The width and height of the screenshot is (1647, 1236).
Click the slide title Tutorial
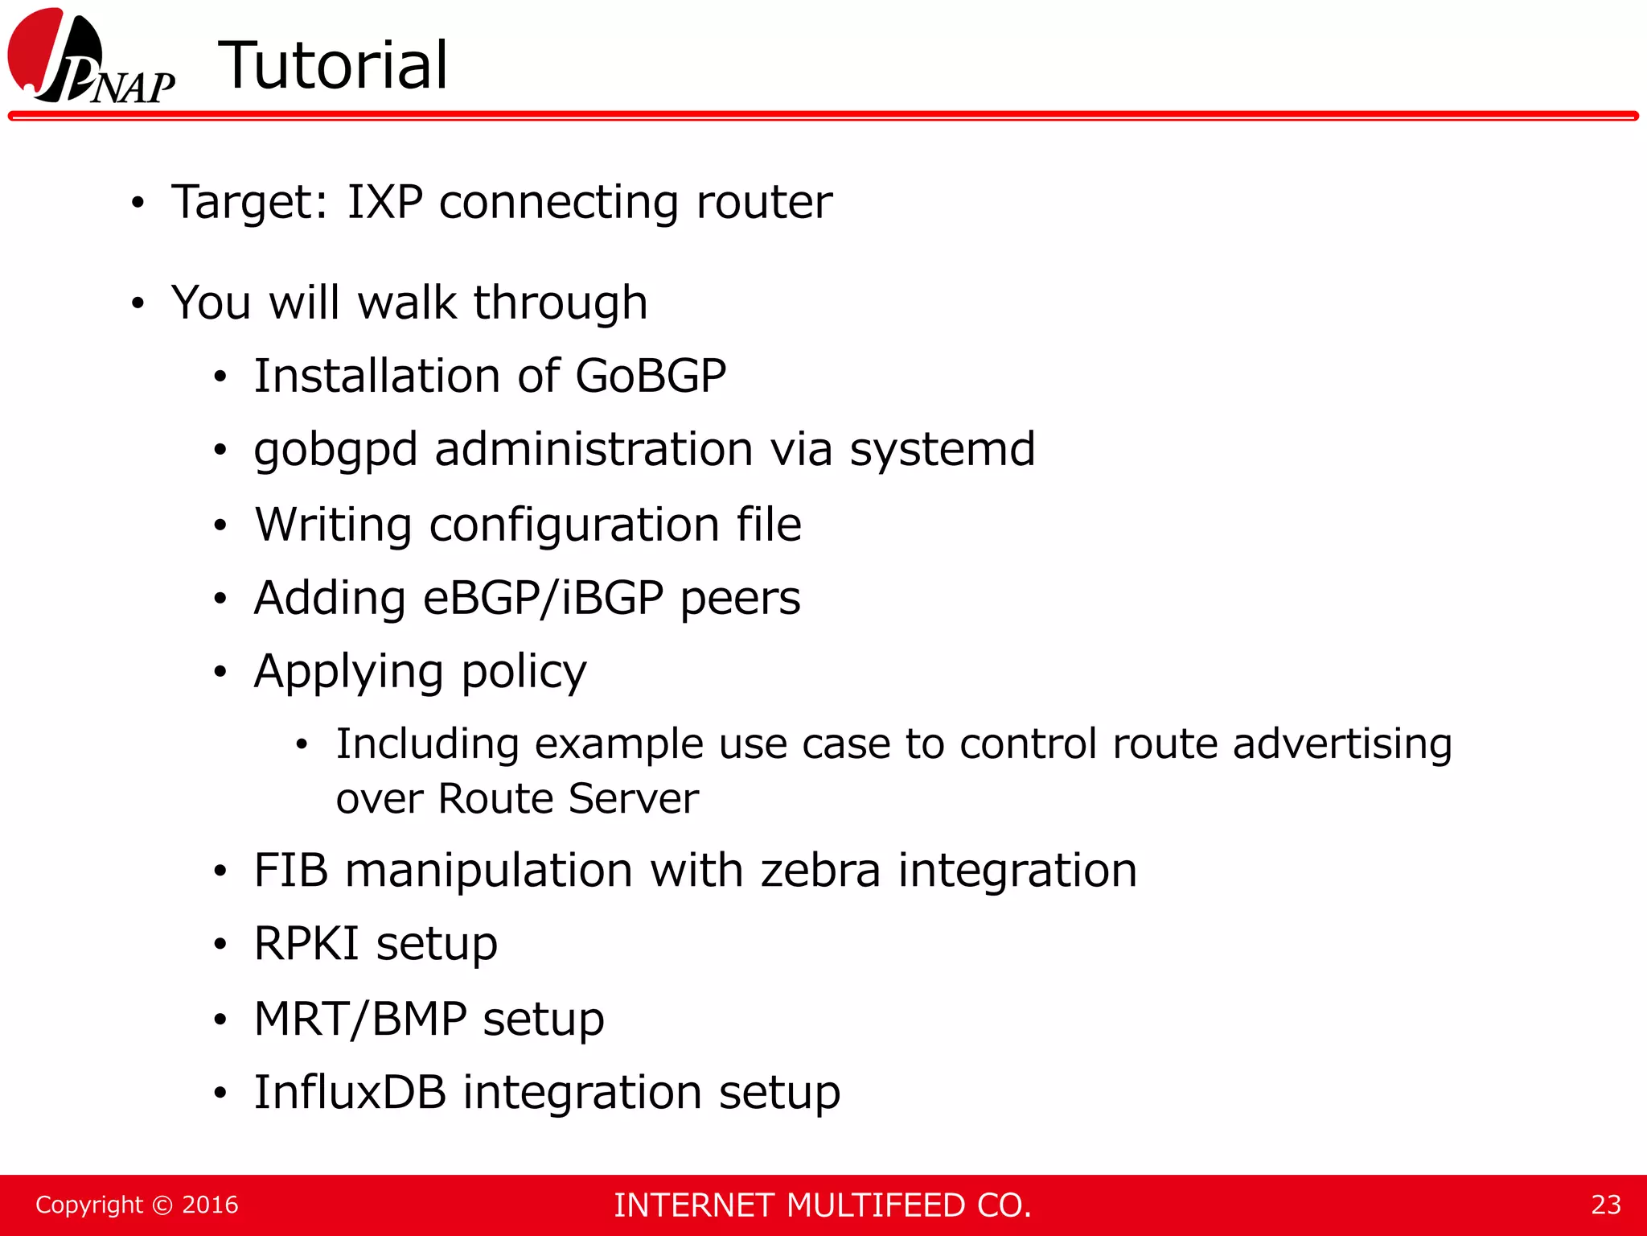(333, 66)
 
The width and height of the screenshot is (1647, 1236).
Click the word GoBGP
(651, 376)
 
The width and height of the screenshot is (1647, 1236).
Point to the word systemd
(943, 449)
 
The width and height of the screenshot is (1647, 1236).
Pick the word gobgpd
(335, 451)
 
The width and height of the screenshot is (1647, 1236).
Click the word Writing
(334, 525)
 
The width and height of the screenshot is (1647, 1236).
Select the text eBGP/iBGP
(543, 599)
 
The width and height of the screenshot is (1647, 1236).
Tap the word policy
(524, 673)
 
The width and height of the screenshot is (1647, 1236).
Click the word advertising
(1342, 744)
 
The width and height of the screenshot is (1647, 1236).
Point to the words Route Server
(568, 799)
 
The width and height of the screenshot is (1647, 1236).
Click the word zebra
(820, 871)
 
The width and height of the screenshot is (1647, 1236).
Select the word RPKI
(306, 944)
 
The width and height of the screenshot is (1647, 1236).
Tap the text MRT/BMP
(360, 1019)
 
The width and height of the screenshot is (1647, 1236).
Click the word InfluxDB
(350, 1093)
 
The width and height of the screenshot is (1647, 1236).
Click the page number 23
(1605, 1205)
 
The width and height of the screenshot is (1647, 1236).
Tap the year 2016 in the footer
(210, 1205)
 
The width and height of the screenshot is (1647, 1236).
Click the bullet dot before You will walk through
(138, 304)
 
